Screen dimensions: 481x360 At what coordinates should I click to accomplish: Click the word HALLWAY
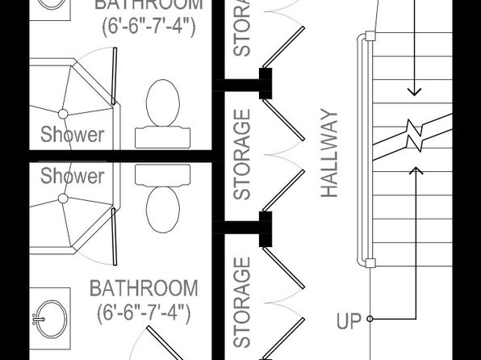pyautogui.click(x=329, y=153)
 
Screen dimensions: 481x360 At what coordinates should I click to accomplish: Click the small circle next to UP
pyautogui.click(x=370, y=319)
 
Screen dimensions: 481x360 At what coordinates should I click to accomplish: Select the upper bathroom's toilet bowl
pyautogui.click(x=163, y=103)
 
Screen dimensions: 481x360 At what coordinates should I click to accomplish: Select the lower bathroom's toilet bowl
pyautogui.click(x=163, y=210)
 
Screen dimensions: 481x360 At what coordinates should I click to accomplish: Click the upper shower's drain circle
pyautogui.click(x=63, y=114)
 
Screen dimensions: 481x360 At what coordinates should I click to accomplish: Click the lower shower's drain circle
pyautogui.click(x=63, y=199)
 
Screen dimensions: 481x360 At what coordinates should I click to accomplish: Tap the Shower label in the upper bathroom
pyautogui.click(x=73, y=135)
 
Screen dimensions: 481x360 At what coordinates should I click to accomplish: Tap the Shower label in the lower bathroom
pyautogui.click(x=73, y=176)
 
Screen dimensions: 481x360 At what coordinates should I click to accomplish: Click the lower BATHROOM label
pyautogui.click(x=144, y=288)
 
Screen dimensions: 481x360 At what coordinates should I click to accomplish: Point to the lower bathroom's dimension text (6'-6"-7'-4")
pyautogui.click(x=144, y=312)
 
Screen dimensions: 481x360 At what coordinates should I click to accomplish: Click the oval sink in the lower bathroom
pyautogui.click(x=51, y=319)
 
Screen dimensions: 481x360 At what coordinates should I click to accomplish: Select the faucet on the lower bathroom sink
pyautogui.click(x=39, y=319)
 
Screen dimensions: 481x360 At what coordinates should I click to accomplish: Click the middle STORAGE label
pyautogui.click(x=242, y=154)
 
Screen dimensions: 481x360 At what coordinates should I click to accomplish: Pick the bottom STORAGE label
pyautogui.click(x=242, y=303)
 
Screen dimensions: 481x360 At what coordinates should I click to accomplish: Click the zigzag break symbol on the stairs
pyautogui.click(x=414, y=135)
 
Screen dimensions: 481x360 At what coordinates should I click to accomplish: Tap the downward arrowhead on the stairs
pyautogui.click(x=414, y=92)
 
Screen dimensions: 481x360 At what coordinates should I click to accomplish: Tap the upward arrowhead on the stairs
pyautogui.click(x=416, y=170)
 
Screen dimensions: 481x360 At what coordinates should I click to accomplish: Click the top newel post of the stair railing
pyautogui.click(x=370, y=36)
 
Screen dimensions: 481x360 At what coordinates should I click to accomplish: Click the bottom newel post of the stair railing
pyautogui.click(x=370, y=263)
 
